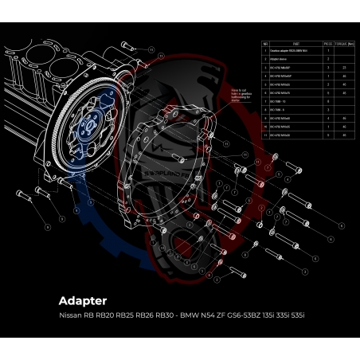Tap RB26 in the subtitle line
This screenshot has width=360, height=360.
click(x=138, y=316)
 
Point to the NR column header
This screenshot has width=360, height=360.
click(x=265, y=45)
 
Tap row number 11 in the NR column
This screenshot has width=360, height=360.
click(x=265, y=135)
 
